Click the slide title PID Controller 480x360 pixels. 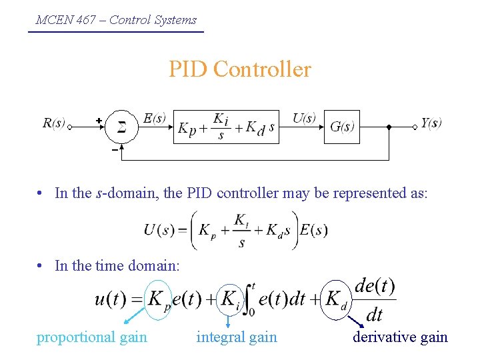[x=239, y=69]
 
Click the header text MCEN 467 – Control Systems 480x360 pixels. [x=116, y=19]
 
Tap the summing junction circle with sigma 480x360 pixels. [x=122, y=127]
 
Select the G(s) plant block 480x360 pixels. [x=341, y=127]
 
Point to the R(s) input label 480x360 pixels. [x=53, y=123]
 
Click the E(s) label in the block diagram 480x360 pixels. [x=155, y=118]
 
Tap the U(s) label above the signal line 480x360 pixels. [x=304, y=118]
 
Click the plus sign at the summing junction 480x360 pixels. [x=99, y=120]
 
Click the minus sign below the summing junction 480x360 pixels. [x=114, y=150]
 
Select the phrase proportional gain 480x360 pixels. [x=92, y=337]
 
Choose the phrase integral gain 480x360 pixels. [x=237, y=337]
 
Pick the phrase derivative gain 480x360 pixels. [x=400, y=337]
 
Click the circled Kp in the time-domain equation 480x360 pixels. [x=158, y=299]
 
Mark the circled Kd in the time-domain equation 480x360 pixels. [x=335, y=299]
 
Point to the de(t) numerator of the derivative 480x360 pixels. [x=375, y=287]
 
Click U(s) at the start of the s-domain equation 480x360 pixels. [x=160, y=231]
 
